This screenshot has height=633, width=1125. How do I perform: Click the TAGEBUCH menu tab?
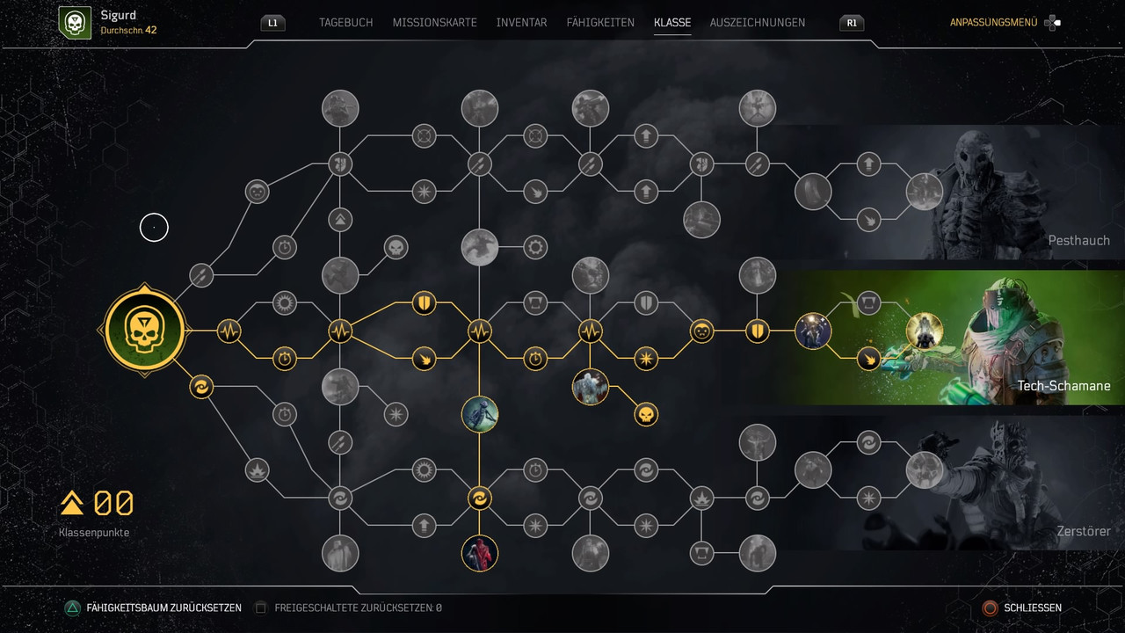click(345, 23)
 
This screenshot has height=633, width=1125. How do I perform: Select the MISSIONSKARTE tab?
click(434, 23)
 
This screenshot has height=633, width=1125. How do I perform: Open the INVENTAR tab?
click(521, 23)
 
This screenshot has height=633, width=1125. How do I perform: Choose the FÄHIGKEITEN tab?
click(600, 23)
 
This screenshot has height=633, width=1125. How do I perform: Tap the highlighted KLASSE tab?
click(672, 23)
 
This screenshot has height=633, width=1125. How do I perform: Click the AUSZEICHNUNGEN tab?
click(757, 23)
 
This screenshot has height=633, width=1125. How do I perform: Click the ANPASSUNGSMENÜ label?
click(993, 23)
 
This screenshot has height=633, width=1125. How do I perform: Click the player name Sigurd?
click(119, 16)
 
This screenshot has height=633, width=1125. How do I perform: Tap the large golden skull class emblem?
click(144, 331)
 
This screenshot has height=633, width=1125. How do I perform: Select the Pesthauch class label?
click(1078, 240)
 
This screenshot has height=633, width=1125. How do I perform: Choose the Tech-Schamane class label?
click(1063, 386)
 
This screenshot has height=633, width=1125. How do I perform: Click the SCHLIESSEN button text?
click(1033, 608)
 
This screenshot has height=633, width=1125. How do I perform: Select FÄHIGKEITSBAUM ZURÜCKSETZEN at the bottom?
click(163, 608)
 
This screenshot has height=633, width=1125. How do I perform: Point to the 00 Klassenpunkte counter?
click(113, 504)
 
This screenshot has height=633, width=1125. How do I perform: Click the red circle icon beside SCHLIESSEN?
click(991, 608)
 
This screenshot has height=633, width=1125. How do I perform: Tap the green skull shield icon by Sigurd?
click(74, 23)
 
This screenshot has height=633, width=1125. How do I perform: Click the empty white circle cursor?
click(154, 228)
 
